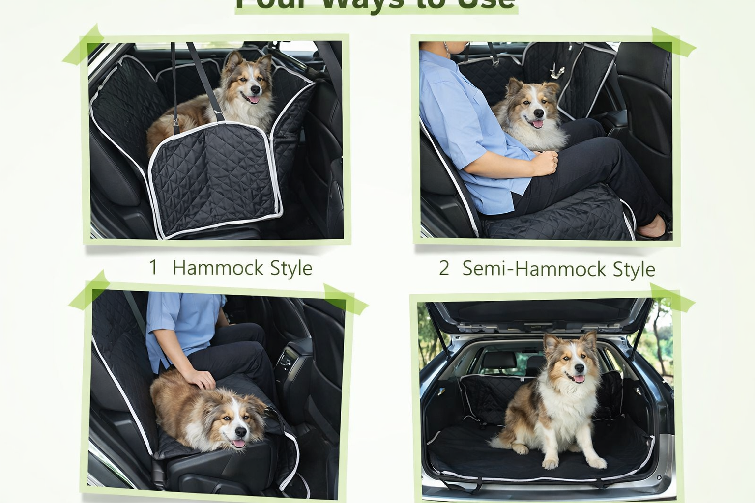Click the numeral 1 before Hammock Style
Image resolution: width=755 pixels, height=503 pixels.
(153, 268)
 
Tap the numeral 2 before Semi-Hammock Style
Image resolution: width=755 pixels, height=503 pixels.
(444, 268)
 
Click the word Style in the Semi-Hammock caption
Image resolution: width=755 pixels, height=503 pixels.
(634, 269)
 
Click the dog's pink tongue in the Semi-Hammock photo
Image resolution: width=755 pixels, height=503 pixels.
(538, 124)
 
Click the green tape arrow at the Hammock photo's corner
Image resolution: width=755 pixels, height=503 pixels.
(84, 47)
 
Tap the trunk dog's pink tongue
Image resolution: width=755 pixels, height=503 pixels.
(579, 379)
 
